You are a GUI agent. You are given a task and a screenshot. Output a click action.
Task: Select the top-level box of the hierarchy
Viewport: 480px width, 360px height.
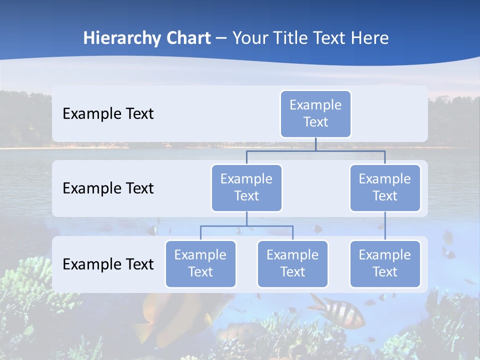click(315, 113)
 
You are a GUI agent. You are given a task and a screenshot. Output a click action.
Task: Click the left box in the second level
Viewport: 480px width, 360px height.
click(246, 187)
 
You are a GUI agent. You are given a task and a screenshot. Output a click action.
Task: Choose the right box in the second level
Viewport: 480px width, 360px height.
click(384, 187)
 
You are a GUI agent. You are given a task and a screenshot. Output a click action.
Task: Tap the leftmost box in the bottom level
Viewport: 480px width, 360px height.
click(200, 263)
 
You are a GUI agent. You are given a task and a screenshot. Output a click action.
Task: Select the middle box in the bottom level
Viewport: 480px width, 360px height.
click(292, 263)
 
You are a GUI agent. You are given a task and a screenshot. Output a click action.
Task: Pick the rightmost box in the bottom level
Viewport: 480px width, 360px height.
click(384, 263)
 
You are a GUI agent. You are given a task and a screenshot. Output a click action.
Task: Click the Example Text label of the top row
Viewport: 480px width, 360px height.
click(108, 114)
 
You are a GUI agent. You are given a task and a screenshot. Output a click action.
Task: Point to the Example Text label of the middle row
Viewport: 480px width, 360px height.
click(108, 188)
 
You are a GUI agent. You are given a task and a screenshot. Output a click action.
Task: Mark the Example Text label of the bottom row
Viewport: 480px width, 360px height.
click(108, 264)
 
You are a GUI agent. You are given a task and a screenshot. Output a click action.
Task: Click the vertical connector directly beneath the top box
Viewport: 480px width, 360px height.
click(315, 144)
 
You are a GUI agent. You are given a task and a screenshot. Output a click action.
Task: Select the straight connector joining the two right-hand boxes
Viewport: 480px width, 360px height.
click(385, 226)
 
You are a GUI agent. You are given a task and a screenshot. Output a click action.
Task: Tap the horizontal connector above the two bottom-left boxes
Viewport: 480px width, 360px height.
click(246, 226)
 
